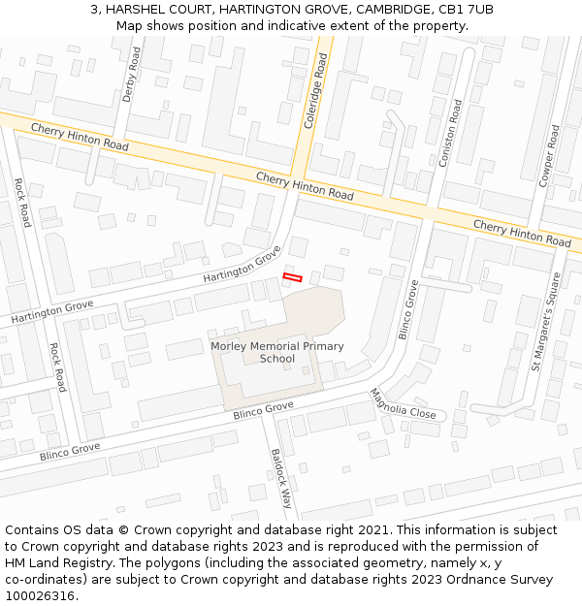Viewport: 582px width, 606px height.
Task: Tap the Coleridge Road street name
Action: point(316,90)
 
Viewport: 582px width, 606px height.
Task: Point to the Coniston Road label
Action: point(451,133)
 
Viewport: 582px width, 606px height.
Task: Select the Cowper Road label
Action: point(547,154)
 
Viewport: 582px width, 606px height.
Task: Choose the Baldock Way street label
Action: point(281,478)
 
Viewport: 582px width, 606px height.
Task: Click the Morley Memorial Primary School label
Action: point(276,352)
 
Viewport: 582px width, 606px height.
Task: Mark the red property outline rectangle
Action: point(292,278)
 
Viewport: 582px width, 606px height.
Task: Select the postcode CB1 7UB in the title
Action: point(468,9)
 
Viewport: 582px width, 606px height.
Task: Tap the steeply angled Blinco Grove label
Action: point(408,309)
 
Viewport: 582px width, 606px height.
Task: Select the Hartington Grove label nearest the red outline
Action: point(242,264)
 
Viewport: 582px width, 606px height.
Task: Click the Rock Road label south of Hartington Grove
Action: point(57,367)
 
